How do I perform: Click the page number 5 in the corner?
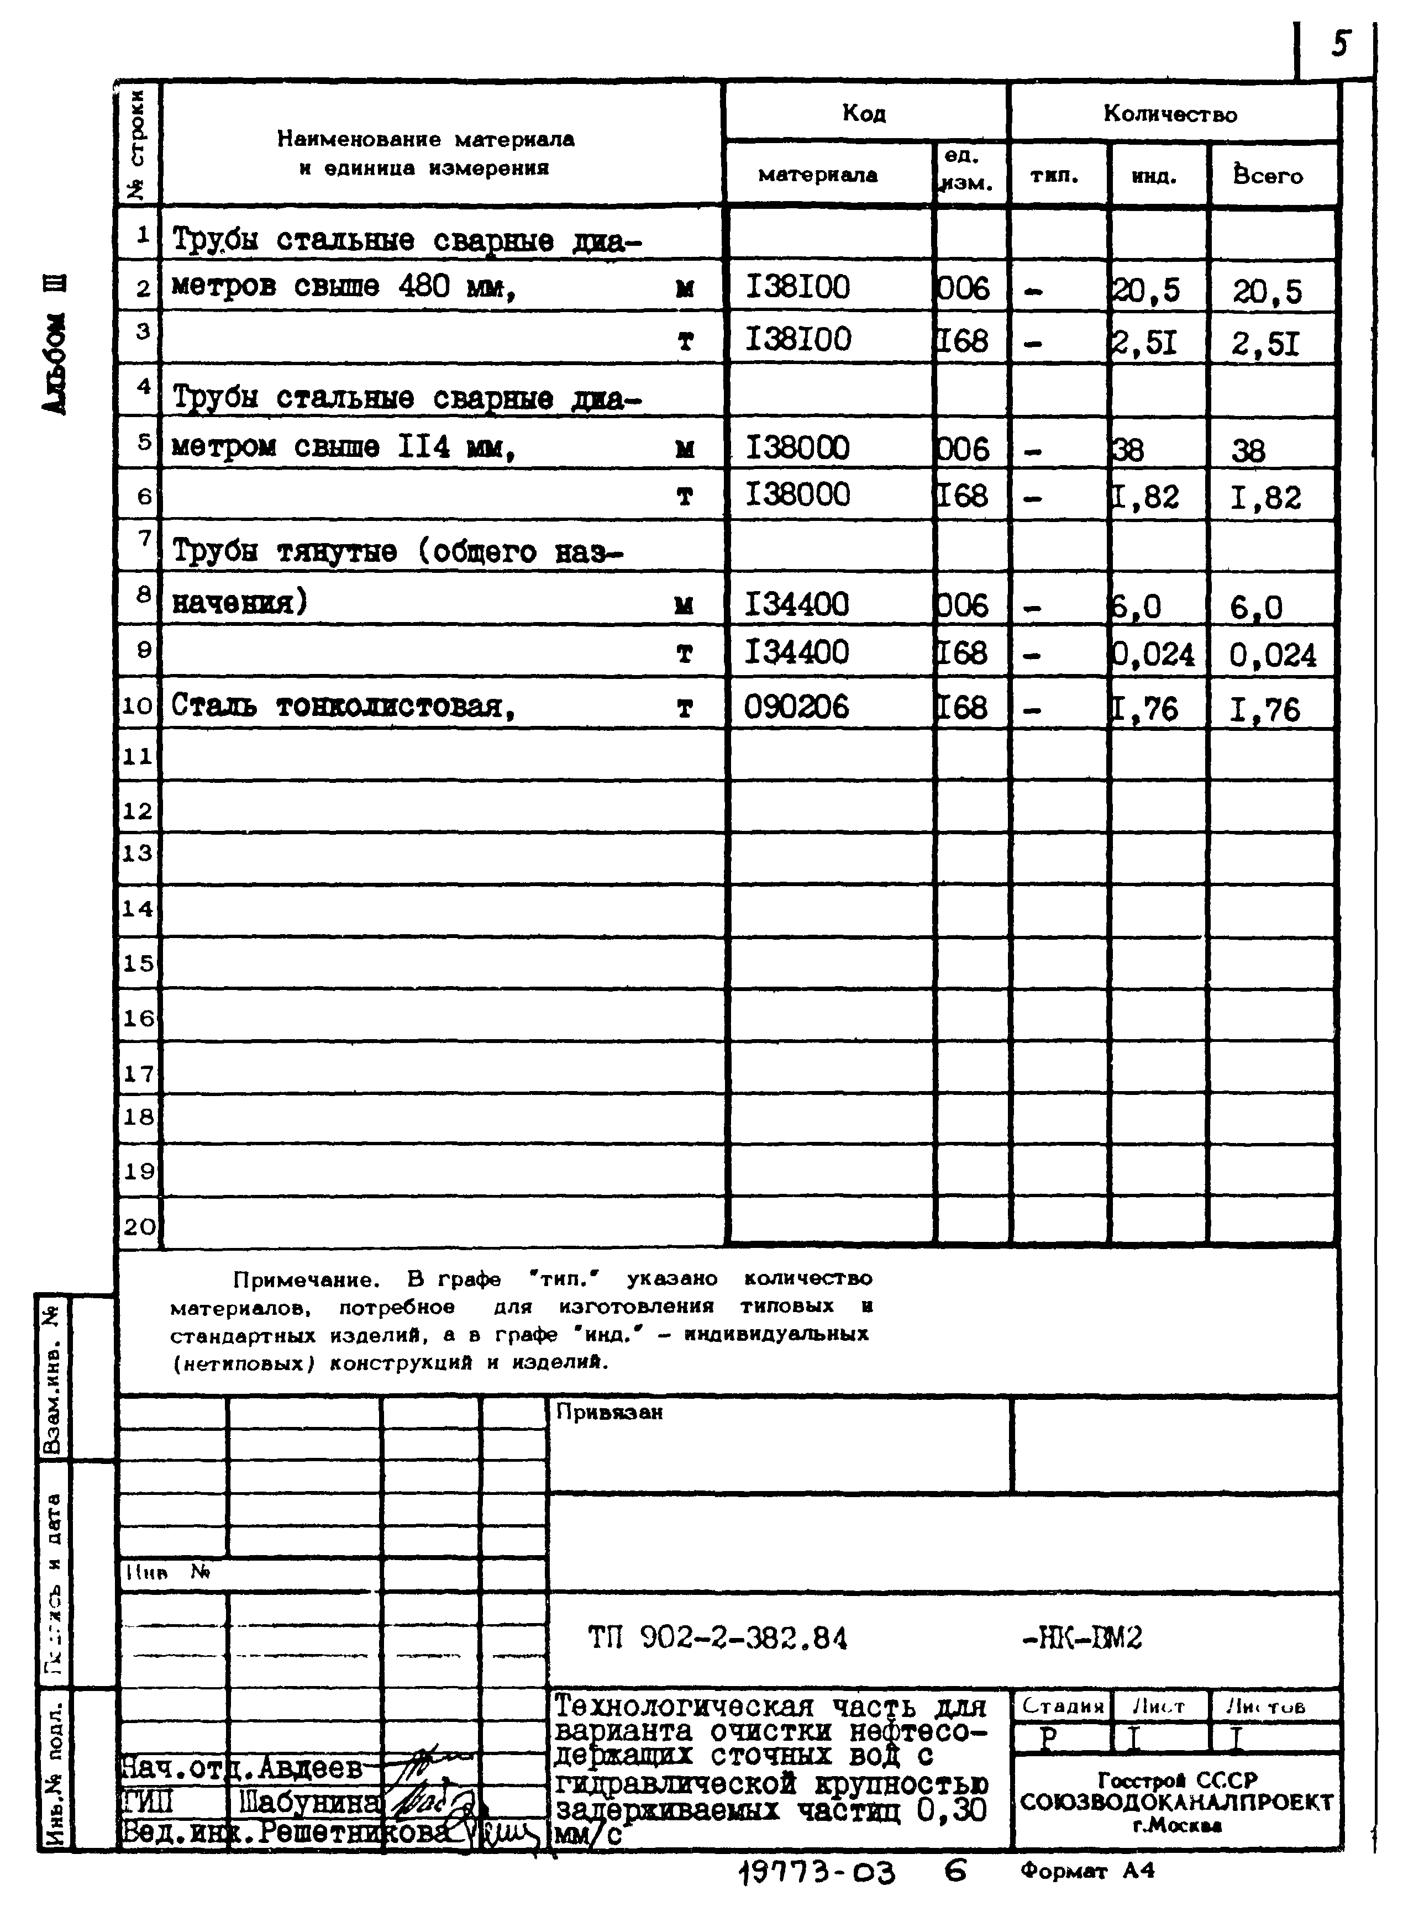pos(1340,43)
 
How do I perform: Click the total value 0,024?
pos(1272,655)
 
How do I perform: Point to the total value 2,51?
pos(1265,344)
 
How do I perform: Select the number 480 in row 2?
pos(424,287)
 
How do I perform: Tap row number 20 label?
pos(139,1226)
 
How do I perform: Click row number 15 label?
pos(139,963)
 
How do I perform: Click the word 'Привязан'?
pos(609,1412)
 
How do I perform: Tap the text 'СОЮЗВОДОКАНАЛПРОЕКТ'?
pos(1176,1802)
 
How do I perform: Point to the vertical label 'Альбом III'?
pos(56,344)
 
